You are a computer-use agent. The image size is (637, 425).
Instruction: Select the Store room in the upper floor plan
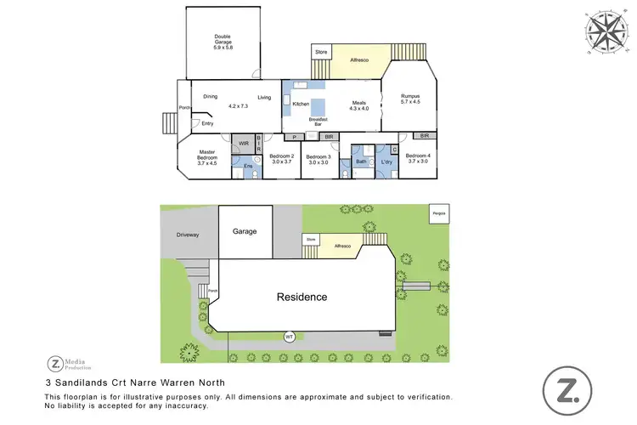(x=321, y=53)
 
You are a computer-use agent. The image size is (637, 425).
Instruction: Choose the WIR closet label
(x=243, y=144)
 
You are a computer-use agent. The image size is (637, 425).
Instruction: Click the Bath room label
(x=361, y=161)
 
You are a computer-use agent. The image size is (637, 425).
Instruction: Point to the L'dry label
(x=386, y=161)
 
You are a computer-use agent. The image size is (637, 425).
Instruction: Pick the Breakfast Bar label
(x=319, y=122)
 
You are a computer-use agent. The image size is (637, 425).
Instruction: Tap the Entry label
(x=207, y=124)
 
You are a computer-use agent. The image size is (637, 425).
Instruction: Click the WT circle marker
(x=290, y=337)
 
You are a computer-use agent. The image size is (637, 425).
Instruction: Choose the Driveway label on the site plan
(x=187, y=235)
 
